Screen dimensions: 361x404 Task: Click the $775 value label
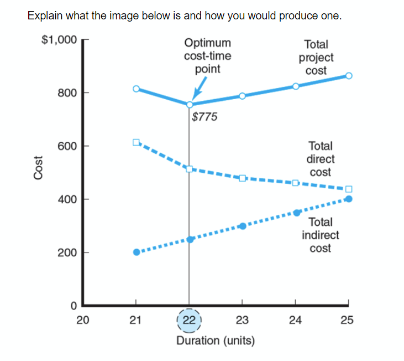(x=205, y=117)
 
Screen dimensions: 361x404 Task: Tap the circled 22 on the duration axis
(x=189, y=320)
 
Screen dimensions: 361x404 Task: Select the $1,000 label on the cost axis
(x=59, y=40)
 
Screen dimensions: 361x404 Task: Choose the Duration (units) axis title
(x=216, y=340)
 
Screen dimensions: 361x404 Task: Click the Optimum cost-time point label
(x=208, y=56)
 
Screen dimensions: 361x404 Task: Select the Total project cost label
(x=316, y=57)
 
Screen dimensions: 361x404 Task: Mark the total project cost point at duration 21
(x=136, y=89)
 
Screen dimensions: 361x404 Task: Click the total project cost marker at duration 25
(x=349, y=76)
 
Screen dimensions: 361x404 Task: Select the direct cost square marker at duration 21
(x=136, y=142)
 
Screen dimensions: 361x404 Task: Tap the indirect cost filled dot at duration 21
(x=137, y=252)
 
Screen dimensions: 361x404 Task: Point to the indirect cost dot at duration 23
(x=242, y=226)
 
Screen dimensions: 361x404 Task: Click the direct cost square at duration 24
(x=295, y=183)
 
